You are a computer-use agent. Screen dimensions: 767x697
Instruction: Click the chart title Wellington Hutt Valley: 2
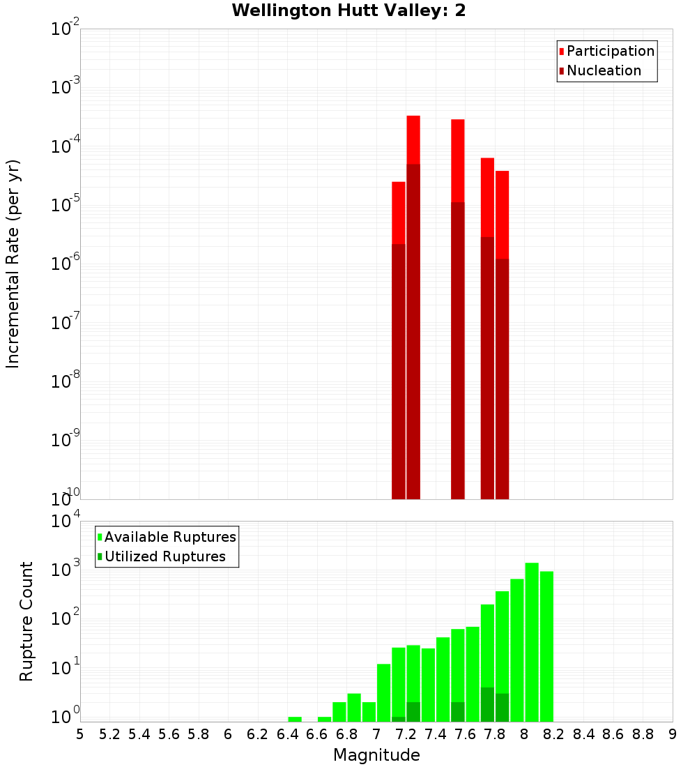click(348, 10)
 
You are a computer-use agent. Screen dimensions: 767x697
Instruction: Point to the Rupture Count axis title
click(26, 621)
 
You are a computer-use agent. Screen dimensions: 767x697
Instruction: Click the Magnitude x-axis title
click(376, 755)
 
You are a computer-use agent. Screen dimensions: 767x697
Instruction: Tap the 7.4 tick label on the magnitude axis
click(436, 734)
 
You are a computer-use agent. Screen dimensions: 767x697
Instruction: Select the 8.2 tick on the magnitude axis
click(554, 734)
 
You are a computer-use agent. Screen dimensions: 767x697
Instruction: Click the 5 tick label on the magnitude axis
click(80, 734)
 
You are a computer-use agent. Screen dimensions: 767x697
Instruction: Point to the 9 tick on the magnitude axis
click(673, 734)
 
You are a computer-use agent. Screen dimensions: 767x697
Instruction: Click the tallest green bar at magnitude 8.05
click(532, 641)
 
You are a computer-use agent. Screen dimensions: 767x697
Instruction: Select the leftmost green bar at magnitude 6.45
click(295, 719)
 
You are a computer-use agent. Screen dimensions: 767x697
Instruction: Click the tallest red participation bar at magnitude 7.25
click(413, 139)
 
